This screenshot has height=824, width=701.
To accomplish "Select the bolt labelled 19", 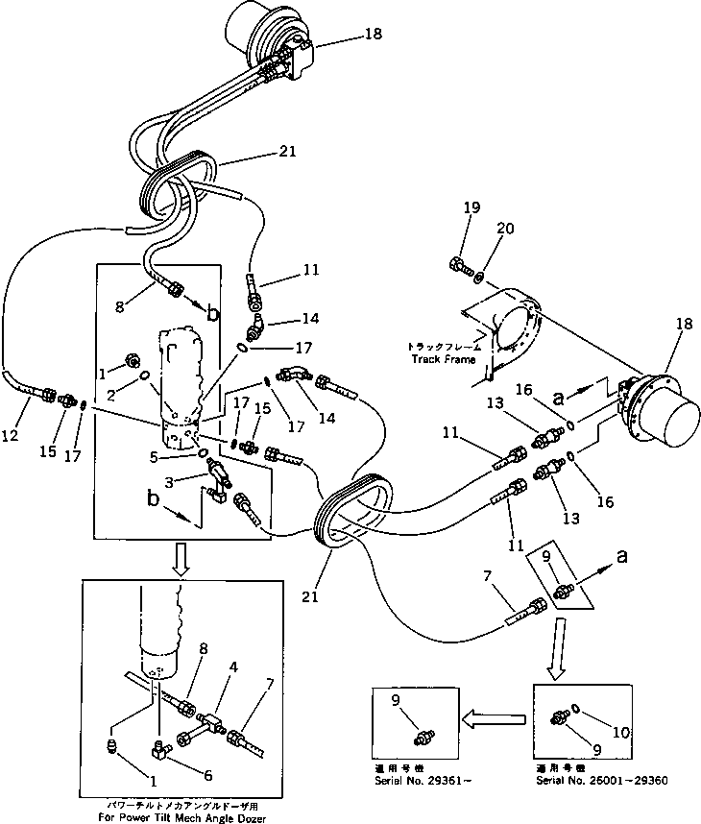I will (x=458, y=264).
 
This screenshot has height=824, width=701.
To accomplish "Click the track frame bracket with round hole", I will (x=514, y=335).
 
